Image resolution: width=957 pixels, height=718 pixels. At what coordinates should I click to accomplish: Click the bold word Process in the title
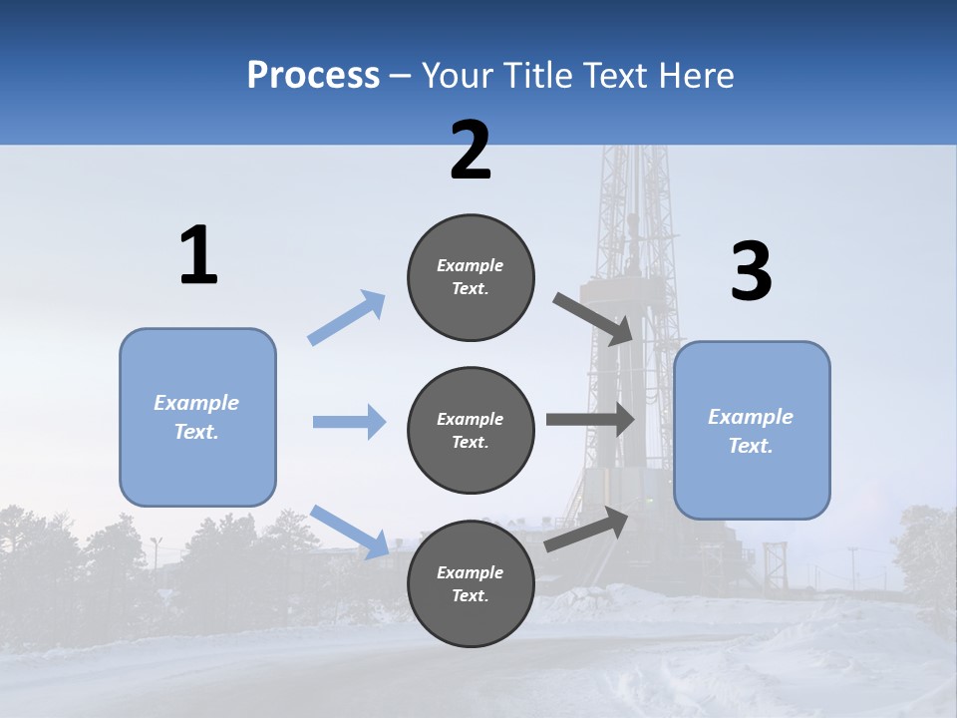coord(313,76)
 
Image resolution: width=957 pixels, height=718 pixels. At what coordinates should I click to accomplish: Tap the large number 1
coord(198,255)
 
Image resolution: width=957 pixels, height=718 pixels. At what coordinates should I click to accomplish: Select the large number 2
coord(471,151)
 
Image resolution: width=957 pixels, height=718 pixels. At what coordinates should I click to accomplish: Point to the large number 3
coord(751,272)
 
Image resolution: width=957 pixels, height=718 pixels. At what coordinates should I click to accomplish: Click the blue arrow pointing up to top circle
coord(347,317)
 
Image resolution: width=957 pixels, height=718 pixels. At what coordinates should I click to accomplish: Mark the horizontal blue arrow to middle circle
coord(349,422)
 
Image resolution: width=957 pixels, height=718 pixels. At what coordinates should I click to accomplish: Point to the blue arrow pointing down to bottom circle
coord(350,532)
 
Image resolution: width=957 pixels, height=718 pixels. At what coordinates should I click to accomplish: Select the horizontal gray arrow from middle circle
coord(590,419)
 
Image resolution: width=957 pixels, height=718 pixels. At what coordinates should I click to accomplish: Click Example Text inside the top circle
coord(471,277)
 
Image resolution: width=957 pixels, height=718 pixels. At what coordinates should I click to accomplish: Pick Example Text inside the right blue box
coord(751,431)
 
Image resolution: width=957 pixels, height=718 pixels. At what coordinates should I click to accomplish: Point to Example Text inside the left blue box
coord(196,417)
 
